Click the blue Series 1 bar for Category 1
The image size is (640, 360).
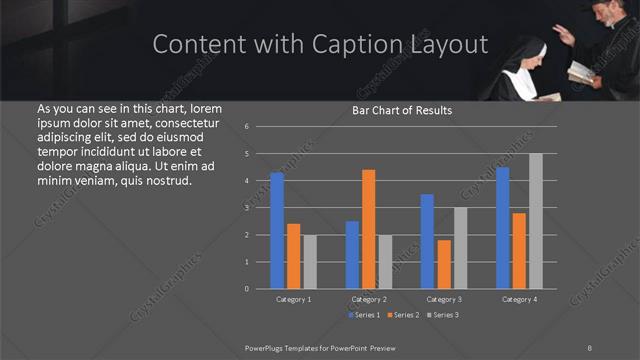click(277, 230)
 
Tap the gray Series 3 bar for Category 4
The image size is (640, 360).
click(536, 221)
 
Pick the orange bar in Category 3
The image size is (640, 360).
click(444, 264)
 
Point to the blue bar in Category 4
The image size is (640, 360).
click(503, 228)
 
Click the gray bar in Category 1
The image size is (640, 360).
click(310, 262)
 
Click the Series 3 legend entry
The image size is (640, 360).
click(444, 315)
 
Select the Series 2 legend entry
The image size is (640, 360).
click(405, 315)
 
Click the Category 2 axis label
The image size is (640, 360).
click(369, 299)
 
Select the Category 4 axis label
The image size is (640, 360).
click(519, 299)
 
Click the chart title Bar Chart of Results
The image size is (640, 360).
click(402, 110)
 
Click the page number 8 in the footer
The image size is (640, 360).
click(590, 346)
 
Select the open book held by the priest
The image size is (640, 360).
click(582, 71)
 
